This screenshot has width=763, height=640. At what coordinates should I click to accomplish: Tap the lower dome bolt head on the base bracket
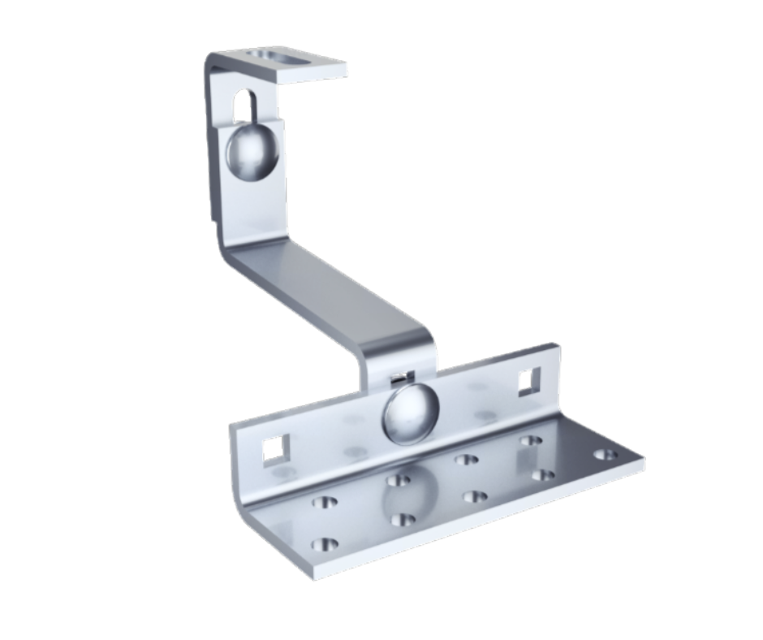409,413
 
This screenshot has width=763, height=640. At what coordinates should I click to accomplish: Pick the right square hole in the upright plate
529,380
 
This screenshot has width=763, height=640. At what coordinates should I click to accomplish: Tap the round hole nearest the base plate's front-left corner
324,543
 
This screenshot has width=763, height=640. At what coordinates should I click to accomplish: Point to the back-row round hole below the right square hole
531,441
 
